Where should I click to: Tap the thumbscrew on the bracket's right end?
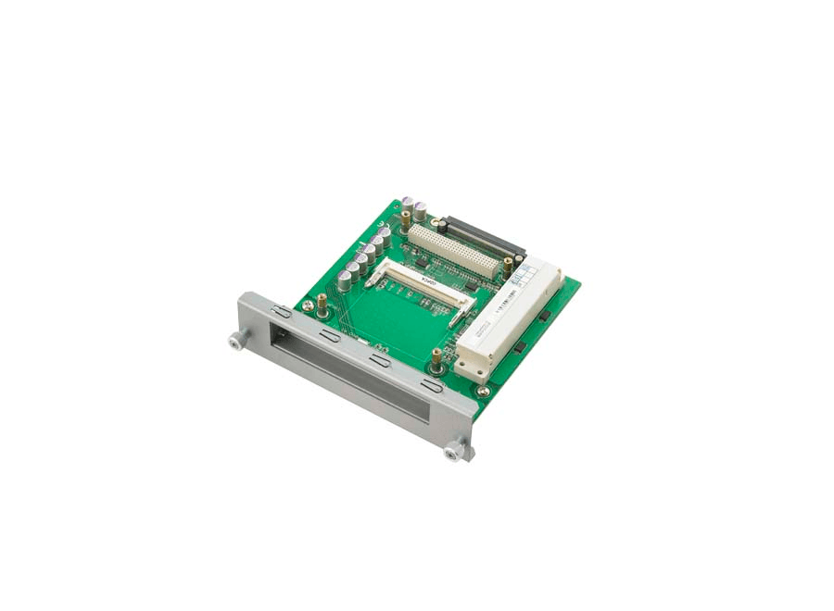pyautogui.click(x=453, y=453)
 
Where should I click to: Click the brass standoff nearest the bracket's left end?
pyautogui.click(x=322, y=302)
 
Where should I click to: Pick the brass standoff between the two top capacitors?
pyautogui.click(x=406, y=220)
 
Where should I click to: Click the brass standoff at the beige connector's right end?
pyautogui.click(x=508, y=267)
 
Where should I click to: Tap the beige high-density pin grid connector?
pyautogui.click(x=456, y=250)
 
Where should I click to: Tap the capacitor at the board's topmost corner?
pyautogui.click(x=420, y=210)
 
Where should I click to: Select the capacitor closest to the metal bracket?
pyautogui.click(x=344, y=280)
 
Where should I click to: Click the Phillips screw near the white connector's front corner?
pyautogui.click(x=483, y=392)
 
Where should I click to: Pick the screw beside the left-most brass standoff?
pyautogui.click(x=307, y=305)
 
